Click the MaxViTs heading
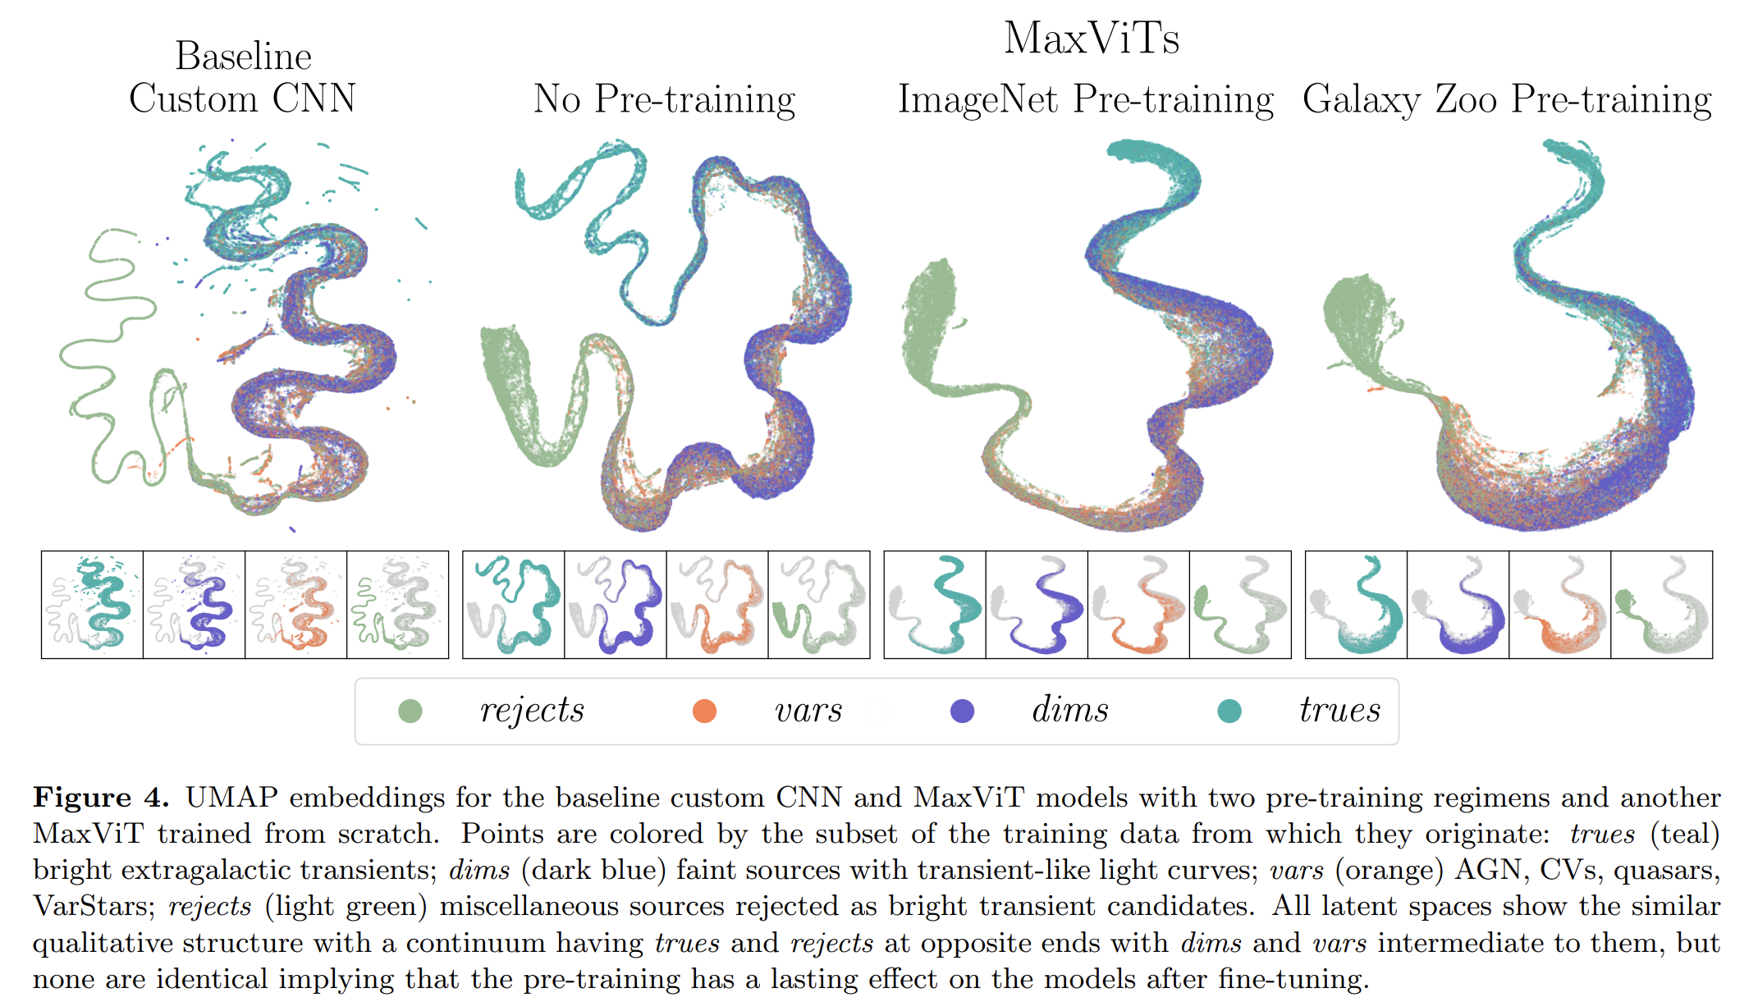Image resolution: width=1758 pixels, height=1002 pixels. (1092, 39)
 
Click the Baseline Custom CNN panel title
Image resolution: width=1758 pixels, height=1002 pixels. (243, 78)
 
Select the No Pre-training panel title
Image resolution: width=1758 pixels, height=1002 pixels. (664, 99)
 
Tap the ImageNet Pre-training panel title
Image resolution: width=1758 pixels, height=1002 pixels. (1085, 99)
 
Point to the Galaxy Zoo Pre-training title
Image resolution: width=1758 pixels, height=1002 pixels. (1507, 99)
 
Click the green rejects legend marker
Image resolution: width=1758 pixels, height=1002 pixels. (410, 711)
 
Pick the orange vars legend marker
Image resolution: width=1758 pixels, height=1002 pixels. (704, 711)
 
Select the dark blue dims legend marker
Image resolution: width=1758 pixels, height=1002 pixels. (962, 711)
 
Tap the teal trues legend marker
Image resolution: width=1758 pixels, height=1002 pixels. (1229, 711)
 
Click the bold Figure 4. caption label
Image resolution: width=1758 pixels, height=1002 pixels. (101, 798)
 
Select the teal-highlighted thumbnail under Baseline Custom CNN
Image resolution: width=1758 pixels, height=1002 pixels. (93, 605)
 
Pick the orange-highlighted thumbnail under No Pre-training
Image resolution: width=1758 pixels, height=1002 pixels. (717, 605)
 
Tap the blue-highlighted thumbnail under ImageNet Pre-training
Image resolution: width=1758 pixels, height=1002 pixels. (1037, 605)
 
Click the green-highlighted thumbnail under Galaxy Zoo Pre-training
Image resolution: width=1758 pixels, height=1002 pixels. (1661, 605)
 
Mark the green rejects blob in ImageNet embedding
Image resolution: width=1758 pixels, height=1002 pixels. (932, 320)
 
